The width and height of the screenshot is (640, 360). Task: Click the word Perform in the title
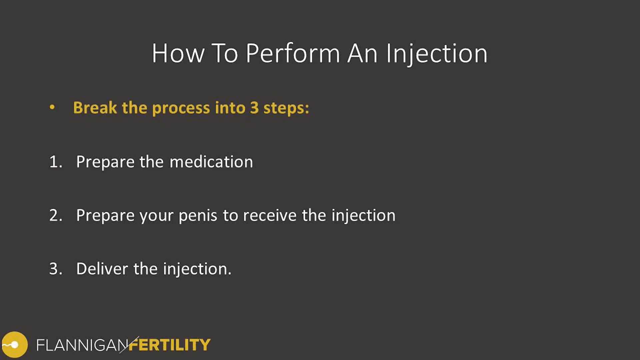coord(293,53)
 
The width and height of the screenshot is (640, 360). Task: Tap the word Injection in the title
coord(437,53)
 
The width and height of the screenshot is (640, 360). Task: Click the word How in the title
coord(178,53)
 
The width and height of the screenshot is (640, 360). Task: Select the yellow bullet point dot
coord(52,107)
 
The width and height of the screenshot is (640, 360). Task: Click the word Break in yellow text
coord(95,108)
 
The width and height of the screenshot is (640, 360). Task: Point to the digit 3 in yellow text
coord(254,108)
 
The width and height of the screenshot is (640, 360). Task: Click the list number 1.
coord(55,162)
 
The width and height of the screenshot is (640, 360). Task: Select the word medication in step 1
coord(211,162)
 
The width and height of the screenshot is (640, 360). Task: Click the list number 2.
coord(55,215)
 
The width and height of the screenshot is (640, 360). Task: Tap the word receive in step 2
coord(269,215)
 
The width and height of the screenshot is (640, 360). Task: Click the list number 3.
coord(55,269)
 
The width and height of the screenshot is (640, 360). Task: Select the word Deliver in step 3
coord(102,269)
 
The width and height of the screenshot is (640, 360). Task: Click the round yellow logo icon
coord(14,345)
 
